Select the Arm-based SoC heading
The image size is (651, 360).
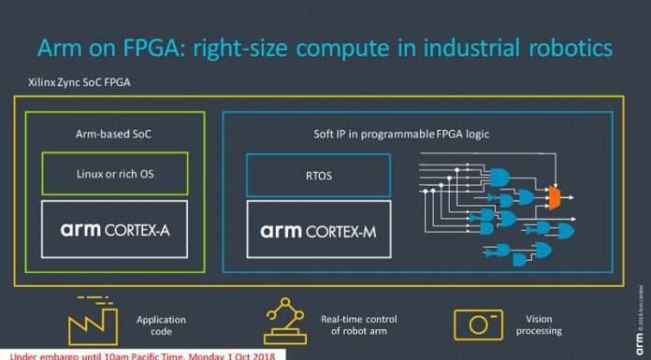(114, 134)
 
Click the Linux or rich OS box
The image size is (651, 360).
(114, 174)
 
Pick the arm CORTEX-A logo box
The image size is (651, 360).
(114, 229)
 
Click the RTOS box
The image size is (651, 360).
(318, 175)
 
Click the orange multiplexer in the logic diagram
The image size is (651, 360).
(554, 197)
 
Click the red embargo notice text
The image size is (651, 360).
(140, 355)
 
